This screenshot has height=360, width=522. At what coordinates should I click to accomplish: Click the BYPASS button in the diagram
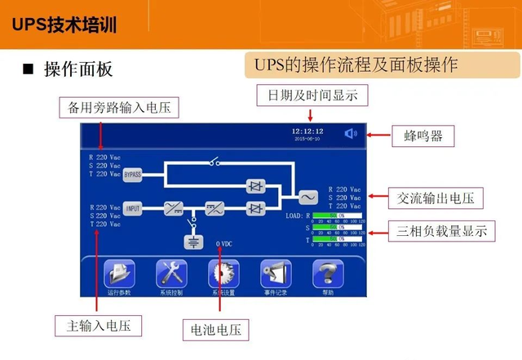[133, 174]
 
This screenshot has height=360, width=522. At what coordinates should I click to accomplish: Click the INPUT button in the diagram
[133, 209]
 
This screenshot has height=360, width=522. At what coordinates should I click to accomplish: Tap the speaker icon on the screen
[351, 133]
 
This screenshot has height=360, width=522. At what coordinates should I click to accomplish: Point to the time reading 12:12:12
[308, 131]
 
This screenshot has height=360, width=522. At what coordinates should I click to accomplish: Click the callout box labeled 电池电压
[215, 330]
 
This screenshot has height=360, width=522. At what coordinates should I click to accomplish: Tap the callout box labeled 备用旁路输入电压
[119, 108]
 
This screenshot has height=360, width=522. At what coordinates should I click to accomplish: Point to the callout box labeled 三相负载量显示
[441, 231]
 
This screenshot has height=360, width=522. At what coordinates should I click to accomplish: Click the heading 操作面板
[77, 69]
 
